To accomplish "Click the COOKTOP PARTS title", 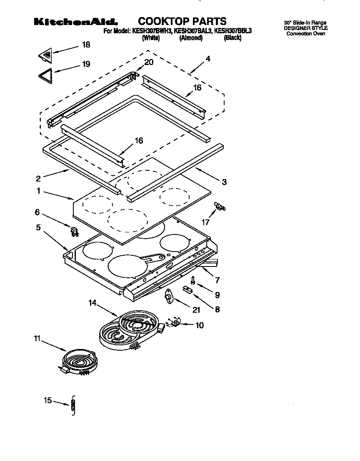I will click(x=182, y=21).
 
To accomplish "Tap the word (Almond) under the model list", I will click(x=191, y=38).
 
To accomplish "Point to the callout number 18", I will click(x=86, y=45).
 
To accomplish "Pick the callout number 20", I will click(x=148, y=62).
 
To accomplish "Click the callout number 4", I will click(x=207, y=59).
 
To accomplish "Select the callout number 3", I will click(x=224, y=182).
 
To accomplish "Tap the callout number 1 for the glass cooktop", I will click(x=38, y=191).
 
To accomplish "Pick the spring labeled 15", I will click(x=74, y=404).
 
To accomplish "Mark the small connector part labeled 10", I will click(x=176, y=323).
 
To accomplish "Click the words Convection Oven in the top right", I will click(x=305, y=33).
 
